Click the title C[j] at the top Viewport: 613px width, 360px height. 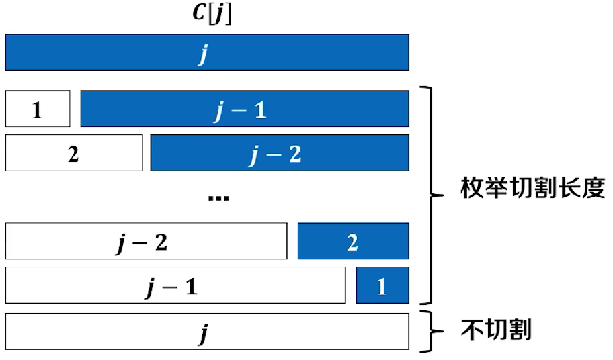point(207,14)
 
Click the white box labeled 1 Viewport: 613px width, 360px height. point(38,109)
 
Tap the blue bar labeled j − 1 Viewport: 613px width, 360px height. point(245,109)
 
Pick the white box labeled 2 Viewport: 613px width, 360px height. point(74,153)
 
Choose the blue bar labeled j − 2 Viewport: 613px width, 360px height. point(280,153)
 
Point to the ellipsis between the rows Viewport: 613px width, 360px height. point(219,197)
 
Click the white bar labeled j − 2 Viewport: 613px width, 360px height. point(146,241)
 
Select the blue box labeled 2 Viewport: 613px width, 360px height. point(353,241)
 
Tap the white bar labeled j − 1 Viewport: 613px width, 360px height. point(175,285)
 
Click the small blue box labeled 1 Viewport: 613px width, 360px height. point(382,285)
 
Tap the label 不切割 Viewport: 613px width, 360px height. point(496,330)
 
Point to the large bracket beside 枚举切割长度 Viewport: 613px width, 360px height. point(430,195)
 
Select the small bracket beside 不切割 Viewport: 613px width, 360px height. point(430,330)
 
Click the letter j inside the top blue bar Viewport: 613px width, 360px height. point(203,54)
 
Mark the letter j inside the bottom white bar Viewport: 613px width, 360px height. point(203,332)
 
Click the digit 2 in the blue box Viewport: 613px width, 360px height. point(353,242)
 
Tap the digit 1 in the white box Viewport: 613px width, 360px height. point(38,109)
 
